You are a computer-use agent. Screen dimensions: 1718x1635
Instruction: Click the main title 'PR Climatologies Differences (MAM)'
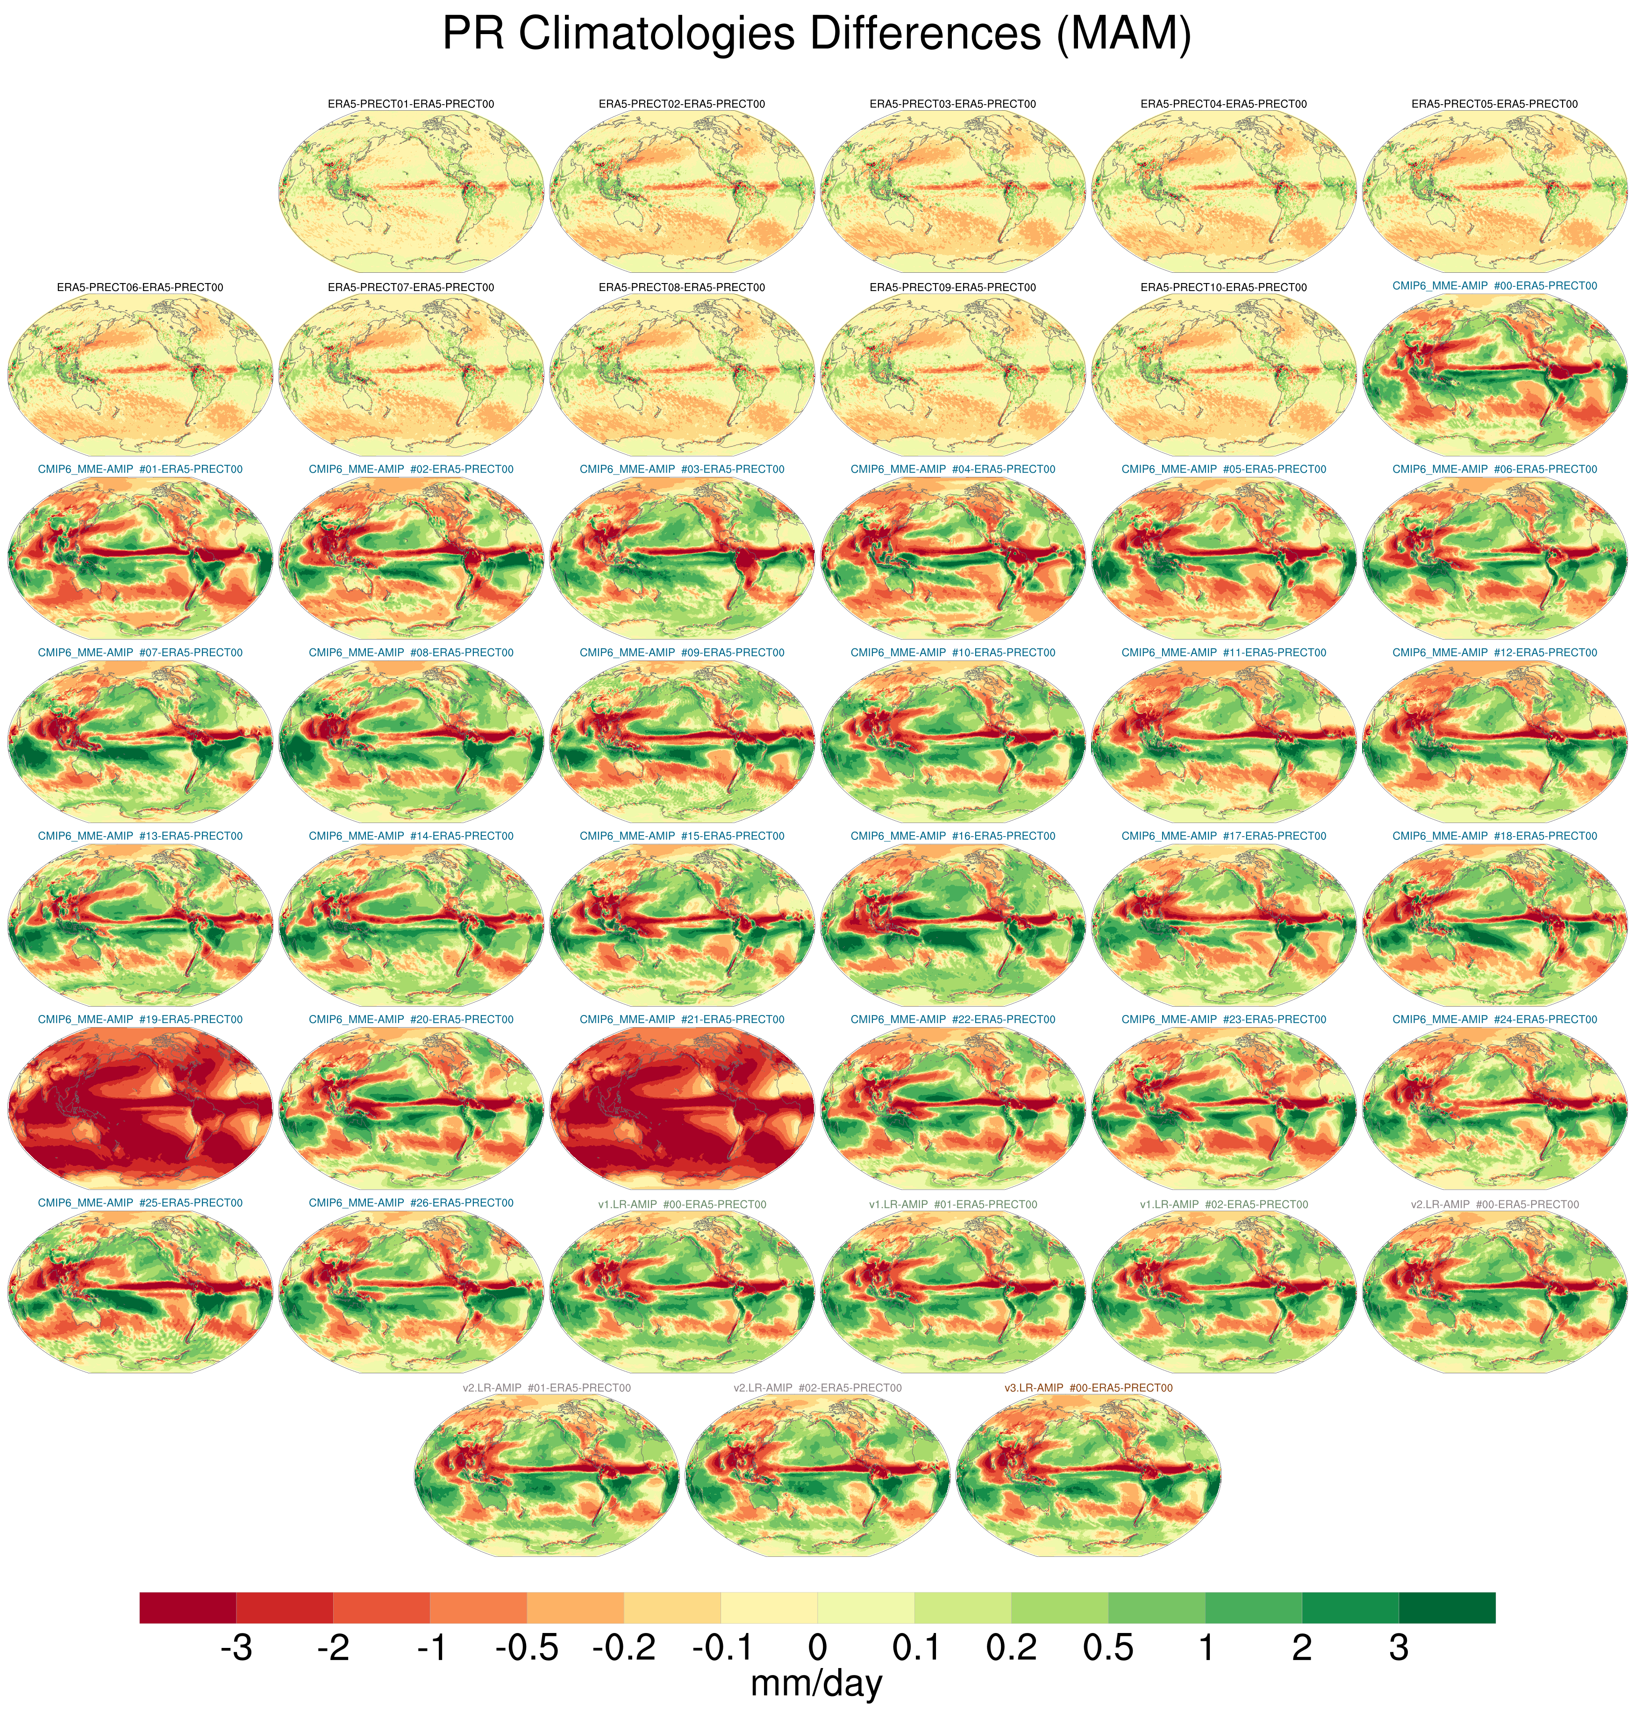(817, 35)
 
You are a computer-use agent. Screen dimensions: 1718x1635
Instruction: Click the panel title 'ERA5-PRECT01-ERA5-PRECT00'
(410, 104)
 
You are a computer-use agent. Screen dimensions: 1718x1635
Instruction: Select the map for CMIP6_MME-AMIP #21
(682, 1108)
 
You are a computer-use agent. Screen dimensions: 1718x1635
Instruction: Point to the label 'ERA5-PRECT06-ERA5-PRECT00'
(139, 287)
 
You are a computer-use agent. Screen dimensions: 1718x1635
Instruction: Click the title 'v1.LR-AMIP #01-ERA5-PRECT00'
(953, 1205)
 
